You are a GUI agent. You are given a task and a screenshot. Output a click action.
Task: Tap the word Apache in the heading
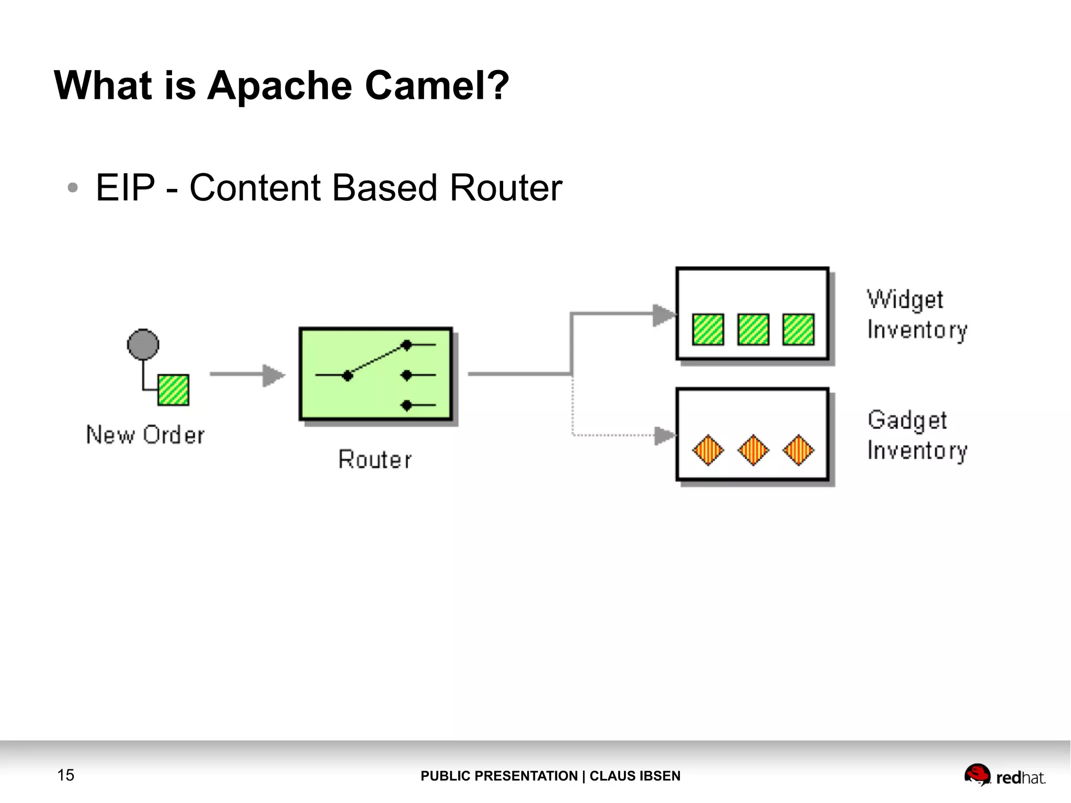(280, 86)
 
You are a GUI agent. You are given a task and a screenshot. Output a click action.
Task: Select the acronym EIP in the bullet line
(126, 188)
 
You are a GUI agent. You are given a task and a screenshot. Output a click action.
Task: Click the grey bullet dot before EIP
(73, 188)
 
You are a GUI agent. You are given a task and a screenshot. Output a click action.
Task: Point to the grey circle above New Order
(143, 345)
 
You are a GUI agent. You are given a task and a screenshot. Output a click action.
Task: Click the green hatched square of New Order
(173, 390)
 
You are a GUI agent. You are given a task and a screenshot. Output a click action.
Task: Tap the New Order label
(145, 435)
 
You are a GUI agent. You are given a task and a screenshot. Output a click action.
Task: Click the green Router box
(375, 374)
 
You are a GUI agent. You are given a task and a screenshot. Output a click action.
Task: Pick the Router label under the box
(375, 460)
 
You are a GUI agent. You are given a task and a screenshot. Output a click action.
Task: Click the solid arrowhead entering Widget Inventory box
(663, 315)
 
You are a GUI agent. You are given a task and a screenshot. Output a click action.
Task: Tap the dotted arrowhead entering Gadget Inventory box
(664, 435)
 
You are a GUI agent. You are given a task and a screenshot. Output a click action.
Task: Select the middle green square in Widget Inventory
(753, 330)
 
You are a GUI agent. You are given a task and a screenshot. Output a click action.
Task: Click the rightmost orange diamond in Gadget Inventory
(798, 450)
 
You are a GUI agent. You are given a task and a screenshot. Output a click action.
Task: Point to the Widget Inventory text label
(916, 315)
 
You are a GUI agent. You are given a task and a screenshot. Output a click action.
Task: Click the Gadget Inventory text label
(916, 435)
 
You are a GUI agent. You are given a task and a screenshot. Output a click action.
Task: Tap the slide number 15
(66, 775)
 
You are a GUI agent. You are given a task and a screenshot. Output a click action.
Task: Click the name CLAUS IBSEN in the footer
(635, 776)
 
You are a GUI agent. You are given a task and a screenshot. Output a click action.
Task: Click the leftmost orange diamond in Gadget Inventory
(708, 450)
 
